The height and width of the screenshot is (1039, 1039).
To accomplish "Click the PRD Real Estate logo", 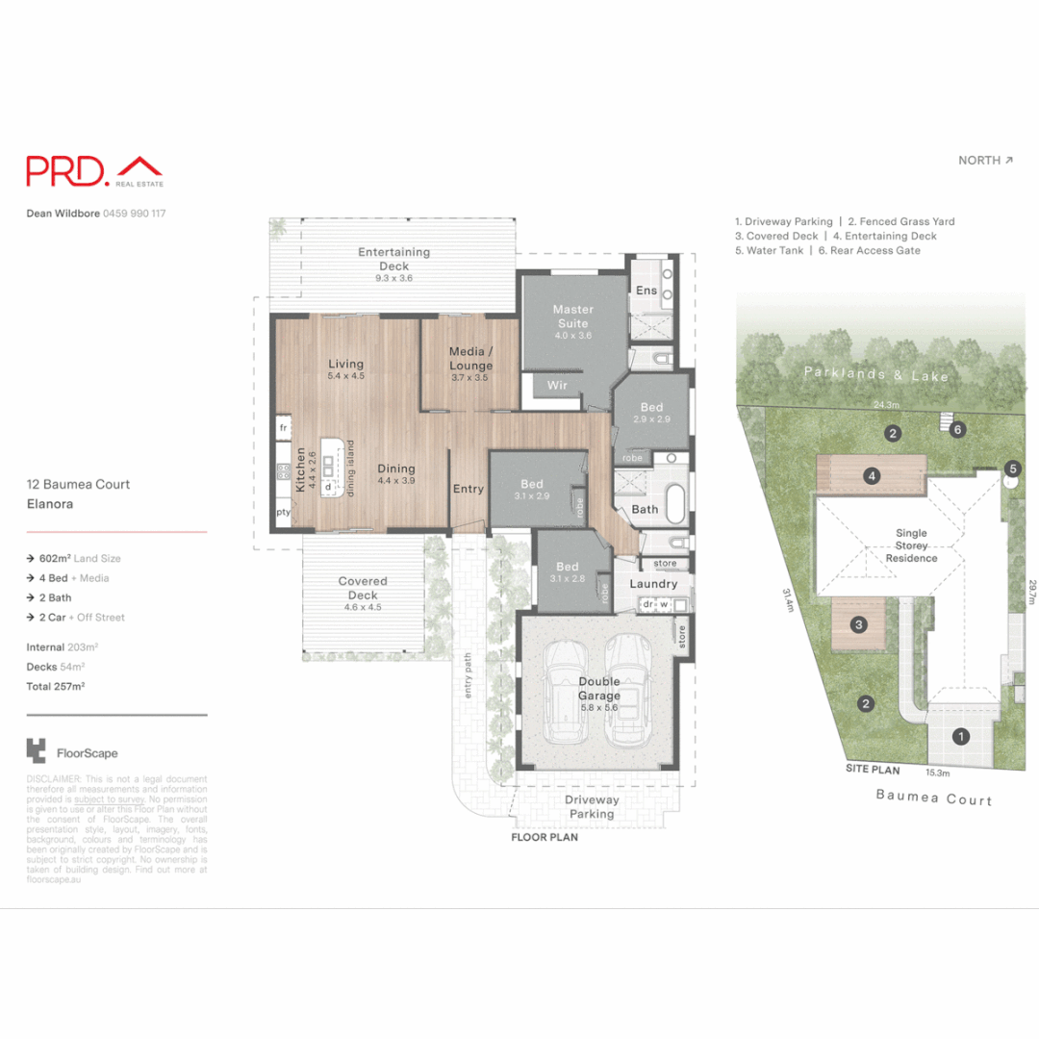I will [x=94, y=171].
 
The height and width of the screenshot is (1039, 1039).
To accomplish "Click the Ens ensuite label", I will [x=646, y=291].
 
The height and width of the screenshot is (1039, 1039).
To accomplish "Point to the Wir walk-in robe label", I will [x=557, y=385].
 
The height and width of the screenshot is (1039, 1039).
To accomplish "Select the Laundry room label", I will [x=653, y=584].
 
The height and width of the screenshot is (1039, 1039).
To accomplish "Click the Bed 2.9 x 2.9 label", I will [x=651, y=414].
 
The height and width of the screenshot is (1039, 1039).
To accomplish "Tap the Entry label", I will [x=469, y=489].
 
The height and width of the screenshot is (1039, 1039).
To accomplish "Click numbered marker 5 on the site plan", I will [x=1012, y=469].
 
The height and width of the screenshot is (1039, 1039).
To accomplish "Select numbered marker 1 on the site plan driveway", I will [x=959, y=737].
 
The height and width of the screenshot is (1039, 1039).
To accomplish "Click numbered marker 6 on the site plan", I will [x=957, y=430].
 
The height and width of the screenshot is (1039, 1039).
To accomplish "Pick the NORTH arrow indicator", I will [x=985, y=161].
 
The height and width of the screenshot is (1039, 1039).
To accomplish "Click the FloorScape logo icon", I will [x=37, y=751].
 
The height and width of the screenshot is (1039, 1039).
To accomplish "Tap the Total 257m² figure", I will [x=56, y=687].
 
